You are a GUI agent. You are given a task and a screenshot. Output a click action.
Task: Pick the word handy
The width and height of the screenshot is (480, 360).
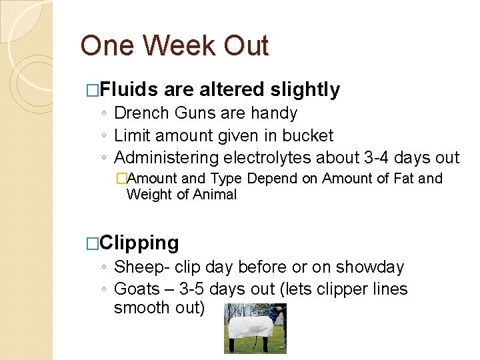click(x=275, y=113)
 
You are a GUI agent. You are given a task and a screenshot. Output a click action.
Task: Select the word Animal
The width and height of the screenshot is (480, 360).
click(x=215, y=195)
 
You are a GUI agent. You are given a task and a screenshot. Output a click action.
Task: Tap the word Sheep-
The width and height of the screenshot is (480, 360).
click(x=141, y=267)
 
